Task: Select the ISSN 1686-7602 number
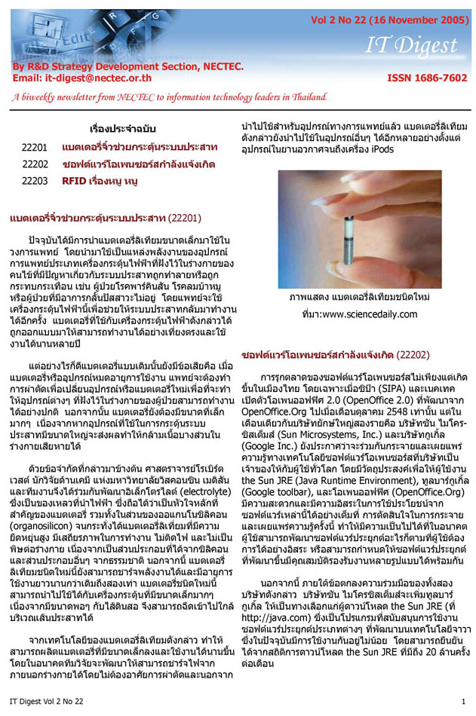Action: pyautogui.click(x=427, y=78)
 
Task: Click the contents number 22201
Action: pyautogui.click(x=35, y=147)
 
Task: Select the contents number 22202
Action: pyautogui.click(x=35, y=164)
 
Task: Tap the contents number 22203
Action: pyautogui.click(x=35, y=181)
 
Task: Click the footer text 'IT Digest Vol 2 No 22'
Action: pyautogui.click(x=51, y=702)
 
